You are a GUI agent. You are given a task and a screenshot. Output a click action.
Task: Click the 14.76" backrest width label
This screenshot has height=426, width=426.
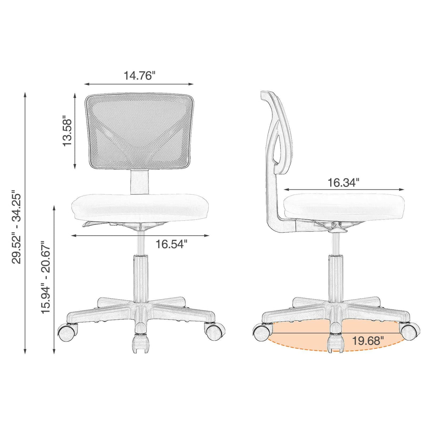(x=140, y=76)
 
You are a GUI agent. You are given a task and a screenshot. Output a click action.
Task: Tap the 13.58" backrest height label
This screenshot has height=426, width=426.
(x=67, y=131)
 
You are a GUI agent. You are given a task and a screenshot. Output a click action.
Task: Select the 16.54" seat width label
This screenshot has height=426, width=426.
(x=171, y=244)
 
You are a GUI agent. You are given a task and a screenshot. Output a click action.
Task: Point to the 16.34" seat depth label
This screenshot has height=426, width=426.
(x=343, y=183)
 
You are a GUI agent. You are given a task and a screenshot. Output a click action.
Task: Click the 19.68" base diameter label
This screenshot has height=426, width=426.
(x=368, y=341)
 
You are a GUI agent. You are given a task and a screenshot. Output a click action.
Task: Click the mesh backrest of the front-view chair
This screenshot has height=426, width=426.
(x=140, y=131)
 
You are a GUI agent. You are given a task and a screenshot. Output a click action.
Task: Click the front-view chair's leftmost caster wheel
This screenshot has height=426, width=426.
(x=67, y=333)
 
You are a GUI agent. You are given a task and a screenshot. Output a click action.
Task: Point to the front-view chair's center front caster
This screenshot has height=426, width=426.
(x=140, y=344)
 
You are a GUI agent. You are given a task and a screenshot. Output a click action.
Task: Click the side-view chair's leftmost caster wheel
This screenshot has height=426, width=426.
(x=261, y=333)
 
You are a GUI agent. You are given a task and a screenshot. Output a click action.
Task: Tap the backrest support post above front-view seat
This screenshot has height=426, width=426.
(x=140, y=181)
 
